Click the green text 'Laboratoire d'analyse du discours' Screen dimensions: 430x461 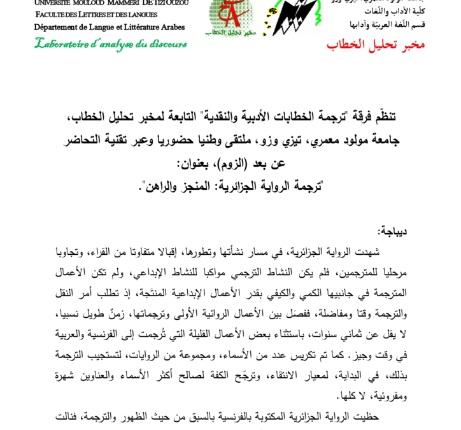coord(111,44)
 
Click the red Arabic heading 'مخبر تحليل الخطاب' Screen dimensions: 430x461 coord(375,44)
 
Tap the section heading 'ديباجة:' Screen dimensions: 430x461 coord(391,231)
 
